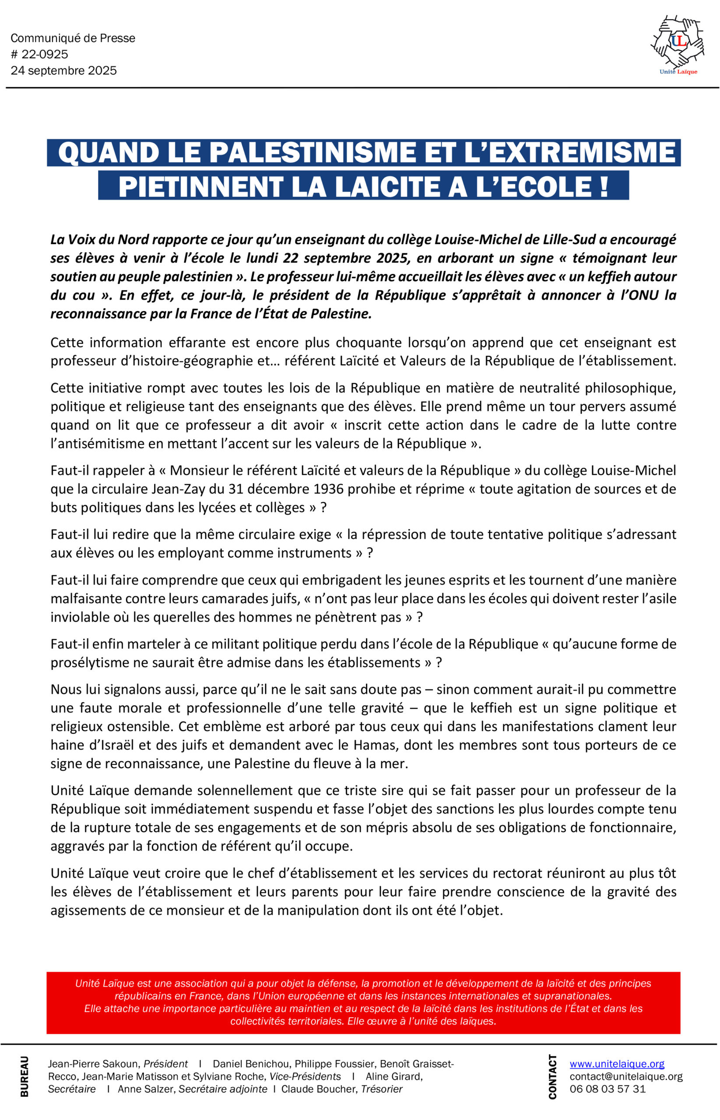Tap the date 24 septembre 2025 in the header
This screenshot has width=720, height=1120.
[63, 70]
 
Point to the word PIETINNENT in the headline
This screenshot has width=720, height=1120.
[201, 186]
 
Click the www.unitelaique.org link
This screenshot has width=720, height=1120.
[617, 1064]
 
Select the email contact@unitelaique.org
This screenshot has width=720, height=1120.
[626, 1076]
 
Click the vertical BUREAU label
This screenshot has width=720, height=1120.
[25, 1076]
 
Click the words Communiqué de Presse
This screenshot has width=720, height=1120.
[73, 38]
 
